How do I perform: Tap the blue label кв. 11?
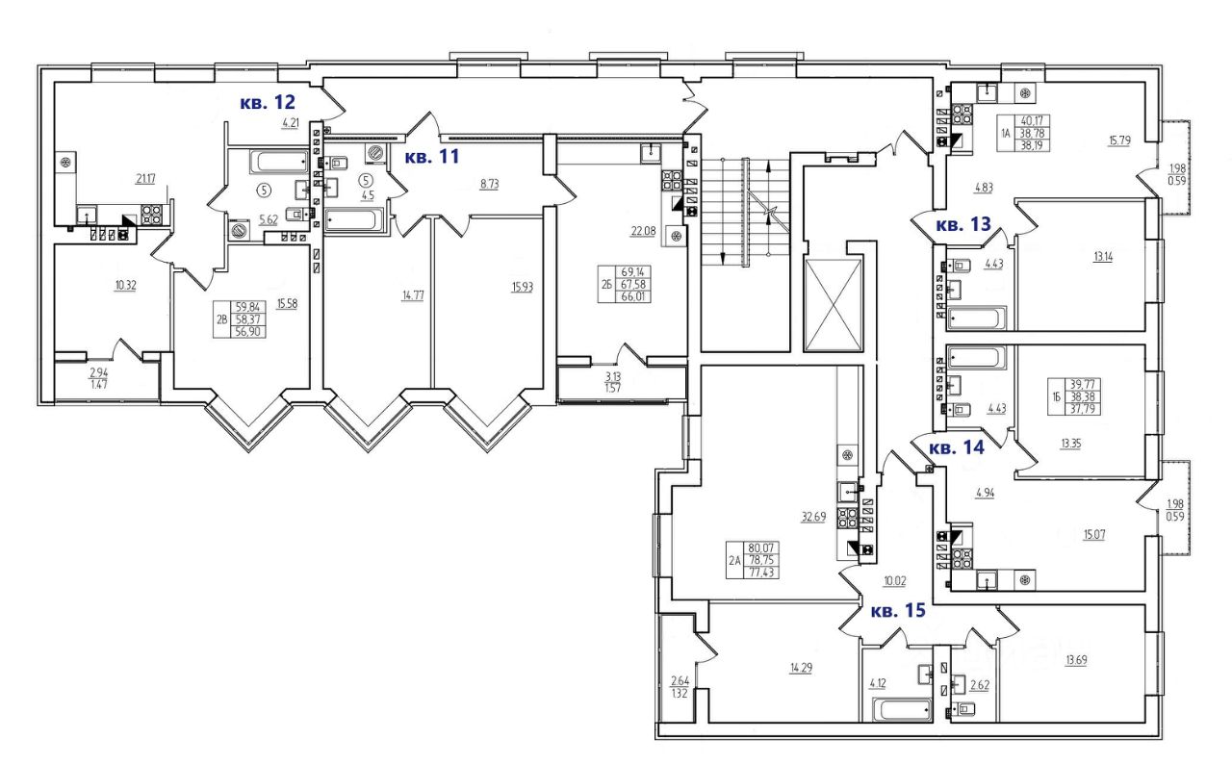432,157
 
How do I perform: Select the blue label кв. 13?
963,225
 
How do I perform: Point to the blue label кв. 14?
959,446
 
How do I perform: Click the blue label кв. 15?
899,610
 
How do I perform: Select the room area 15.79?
1118,141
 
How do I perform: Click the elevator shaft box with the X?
834,306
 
